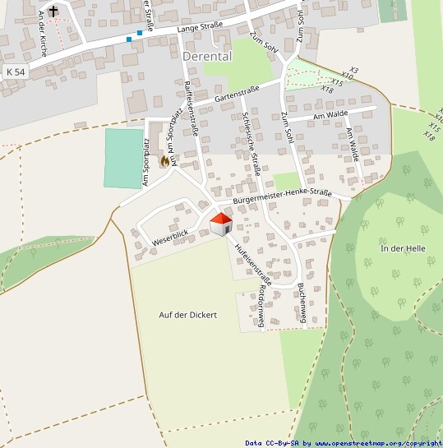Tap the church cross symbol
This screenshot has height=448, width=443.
(x=53, y=12)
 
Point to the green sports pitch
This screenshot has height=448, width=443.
(x=124, y=158)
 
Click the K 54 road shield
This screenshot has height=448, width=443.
(x=15, y=72)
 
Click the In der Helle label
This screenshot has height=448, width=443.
(x=403, y=248)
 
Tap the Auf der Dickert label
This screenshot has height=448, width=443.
(x=188, y=315)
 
